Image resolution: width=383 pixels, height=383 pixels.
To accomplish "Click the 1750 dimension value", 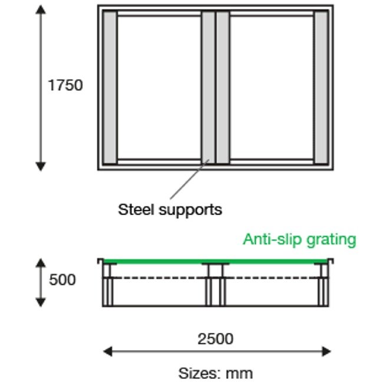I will tap(65, 85).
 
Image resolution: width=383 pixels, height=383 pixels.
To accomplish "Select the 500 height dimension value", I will tap(62, 280).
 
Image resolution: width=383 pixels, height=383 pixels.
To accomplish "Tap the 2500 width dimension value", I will tap(215, 339).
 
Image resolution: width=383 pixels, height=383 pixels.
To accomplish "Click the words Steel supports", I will tap(170, 209).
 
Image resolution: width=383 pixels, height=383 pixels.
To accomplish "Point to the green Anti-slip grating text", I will tap(299, 240).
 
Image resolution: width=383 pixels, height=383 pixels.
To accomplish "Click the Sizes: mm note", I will tap(215, 373).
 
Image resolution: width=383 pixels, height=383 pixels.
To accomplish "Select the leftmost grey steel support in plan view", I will tap(110, 87).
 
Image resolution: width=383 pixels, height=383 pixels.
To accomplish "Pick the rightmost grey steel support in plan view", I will tap(321, 87).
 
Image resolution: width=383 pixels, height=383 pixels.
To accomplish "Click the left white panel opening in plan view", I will tap(159, 87).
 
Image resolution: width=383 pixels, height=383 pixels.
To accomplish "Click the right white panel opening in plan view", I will tap(271, 87).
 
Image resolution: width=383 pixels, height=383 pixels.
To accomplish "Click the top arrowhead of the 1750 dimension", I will tap(41, 10).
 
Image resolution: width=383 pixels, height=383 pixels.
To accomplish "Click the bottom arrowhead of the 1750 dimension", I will tap(41, 166).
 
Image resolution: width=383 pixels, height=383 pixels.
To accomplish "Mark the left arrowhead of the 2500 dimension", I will tap(107, 352).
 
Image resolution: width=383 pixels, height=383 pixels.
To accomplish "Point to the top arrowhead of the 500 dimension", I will tap(41, 262).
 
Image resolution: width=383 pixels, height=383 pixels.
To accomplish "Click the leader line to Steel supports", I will tap(189, 179).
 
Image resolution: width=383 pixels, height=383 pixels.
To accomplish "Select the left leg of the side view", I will tap(108, 292).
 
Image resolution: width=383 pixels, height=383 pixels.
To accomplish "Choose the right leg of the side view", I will tap(323, 292).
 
